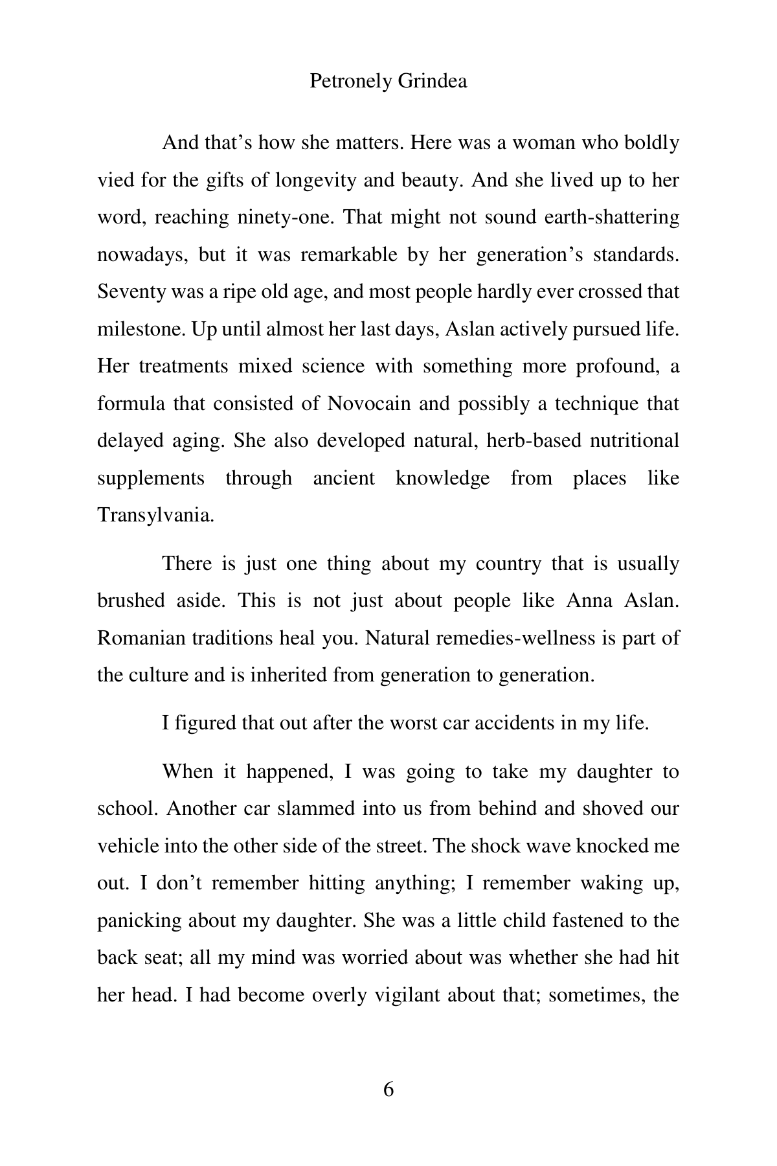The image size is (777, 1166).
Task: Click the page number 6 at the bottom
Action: pos(388,1090)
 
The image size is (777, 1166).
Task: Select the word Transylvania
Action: pos(155,516)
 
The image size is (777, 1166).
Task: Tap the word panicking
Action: pos(139,920)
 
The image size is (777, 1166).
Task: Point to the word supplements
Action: pos(151,479)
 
